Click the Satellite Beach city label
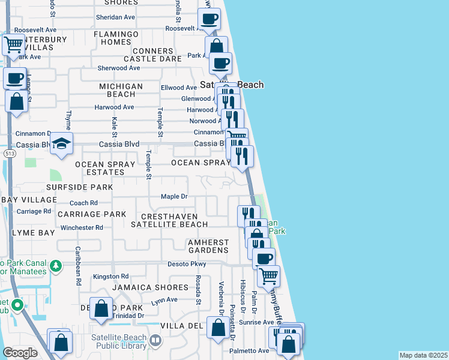232,85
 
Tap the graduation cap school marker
62,143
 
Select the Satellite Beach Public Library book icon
155,341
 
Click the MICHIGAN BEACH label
121,91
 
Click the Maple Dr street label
175,196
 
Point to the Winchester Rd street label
82,227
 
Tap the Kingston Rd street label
110,277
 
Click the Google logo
20,353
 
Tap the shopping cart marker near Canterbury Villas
13,43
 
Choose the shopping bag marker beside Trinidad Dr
101,309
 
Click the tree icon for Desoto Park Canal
55,265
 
